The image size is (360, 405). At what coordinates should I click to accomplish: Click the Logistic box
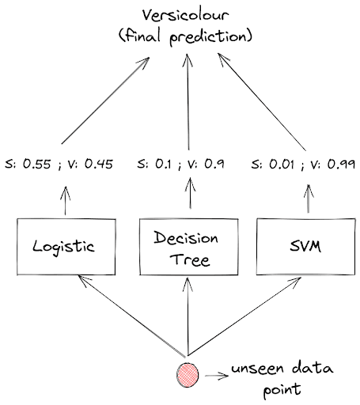coord(63,245)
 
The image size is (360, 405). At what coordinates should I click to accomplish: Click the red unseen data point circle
coord(188,373)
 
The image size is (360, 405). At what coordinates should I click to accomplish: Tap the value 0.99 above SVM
coord(340,165)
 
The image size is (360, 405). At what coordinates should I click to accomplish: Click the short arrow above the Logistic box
coord(64,198)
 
